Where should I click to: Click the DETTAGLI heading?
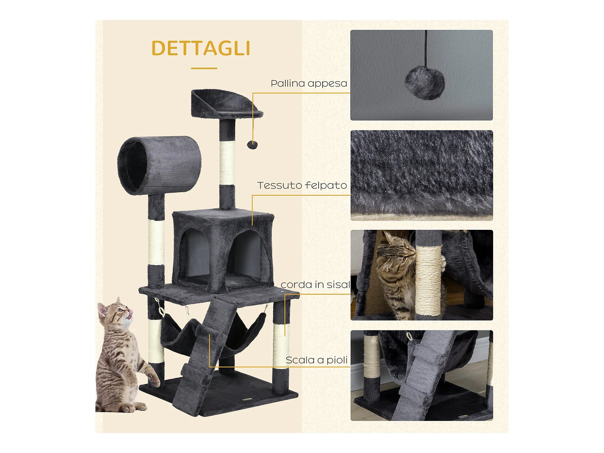(201, 48)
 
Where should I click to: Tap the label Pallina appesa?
(309, 84)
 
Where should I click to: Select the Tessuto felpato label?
(302, 185)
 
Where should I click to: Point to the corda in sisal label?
(315, 284)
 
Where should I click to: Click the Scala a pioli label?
(316, 360)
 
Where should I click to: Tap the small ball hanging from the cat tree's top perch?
(252, 145)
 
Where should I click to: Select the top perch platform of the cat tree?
(226, 104)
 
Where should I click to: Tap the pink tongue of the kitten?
(130, 313)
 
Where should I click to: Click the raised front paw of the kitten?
(154, 379)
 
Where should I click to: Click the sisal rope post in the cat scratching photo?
(428, 281)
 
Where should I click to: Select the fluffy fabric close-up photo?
(422, 175)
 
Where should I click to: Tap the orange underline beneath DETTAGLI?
(204, 68)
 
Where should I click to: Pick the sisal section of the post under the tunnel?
(156, 243)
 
